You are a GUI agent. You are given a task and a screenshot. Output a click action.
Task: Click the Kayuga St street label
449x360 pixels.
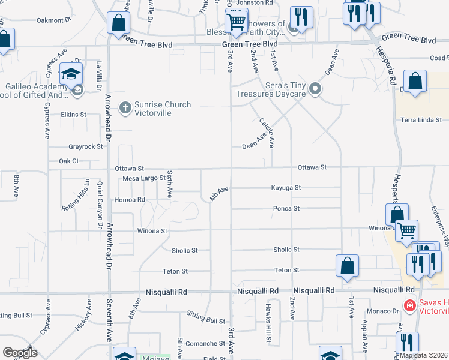(286, 188)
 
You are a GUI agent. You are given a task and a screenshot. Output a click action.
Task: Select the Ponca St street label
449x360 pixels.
(286, 209)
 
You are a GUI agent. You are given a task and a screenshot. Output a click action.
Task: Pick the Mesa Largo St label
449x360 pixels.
(143, 178)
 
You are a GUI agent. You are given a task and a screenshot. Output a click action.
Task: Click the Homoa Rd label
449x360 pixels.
(130, 199)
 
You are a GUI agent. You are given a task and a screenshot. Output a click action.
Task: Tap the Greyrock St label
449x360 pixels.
(86, 146)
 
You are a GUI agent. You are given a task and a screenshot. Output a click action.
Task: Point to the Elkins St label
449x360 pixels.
(73, 114)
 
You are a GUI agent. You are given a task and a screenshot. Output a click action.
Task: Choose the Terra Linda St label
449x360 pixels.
(421, 120)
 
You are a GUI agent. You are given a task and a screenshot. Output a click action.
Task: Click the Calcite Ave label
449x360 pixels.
(267, 132)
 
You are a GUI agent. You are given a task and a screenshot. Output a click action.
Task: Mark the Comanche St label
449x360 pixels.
(205, 344)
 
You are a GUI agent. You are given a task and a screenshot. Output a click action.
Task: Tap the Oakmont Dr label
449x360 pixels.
(54, 20)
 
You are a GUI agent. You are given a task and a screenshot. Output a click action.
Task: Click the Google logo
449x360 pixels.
(20, 353)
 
